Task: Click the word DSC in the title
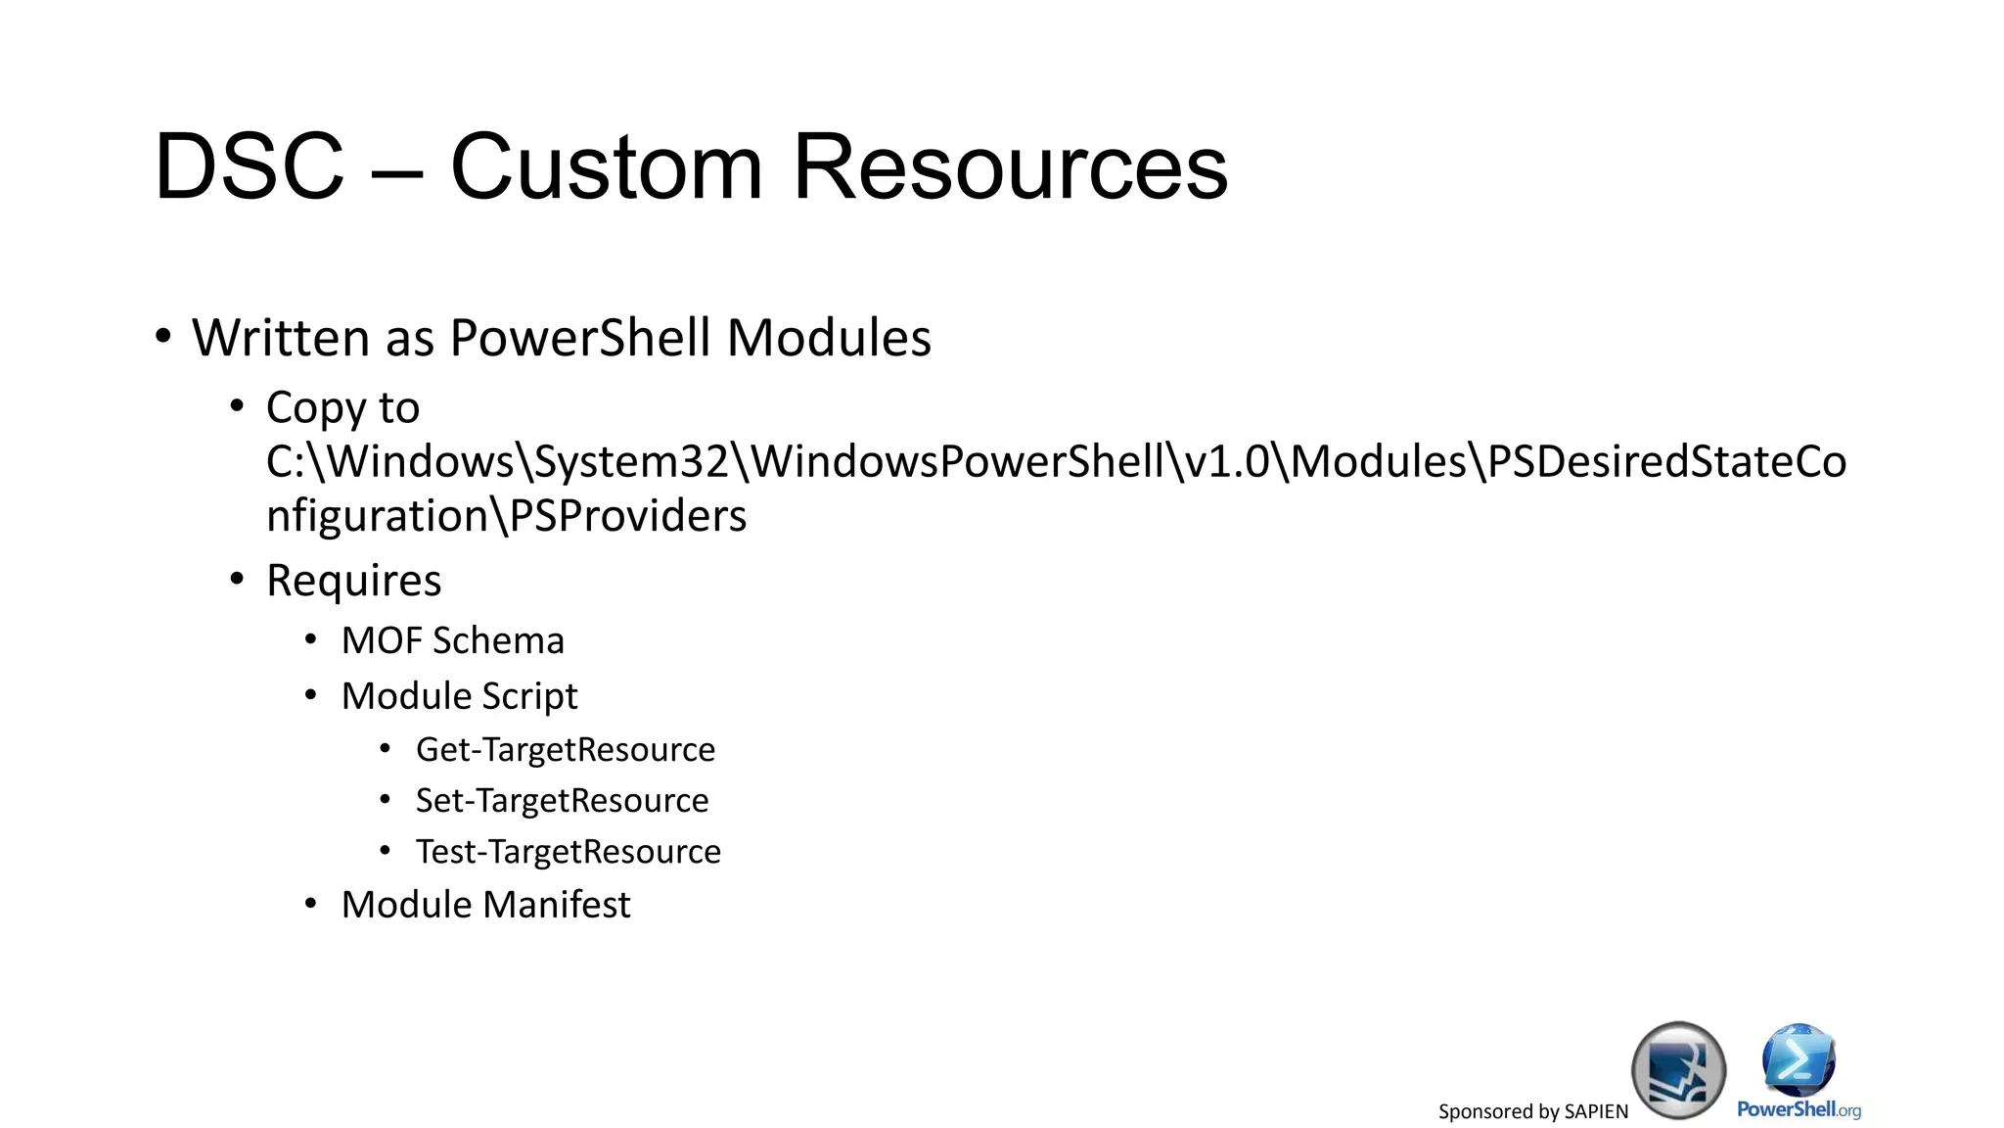pos(250,167)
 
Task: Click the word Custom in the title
pos(606,167)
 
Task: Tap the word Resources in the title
pos(1010,167)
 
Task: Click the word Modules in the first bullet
pos(829,338)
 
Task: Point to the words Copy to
pos(342,407)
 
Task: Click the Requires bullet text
pos(353,581)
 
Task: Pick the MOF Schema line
pos(452,641)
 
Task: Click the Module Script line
pos(459,696)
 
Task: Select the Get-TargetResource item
pos(565,750)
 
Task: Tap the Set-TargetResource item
pos(562,801)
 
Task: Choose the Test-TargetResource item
pos(568,852)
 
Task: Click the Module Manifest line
pos(485,905)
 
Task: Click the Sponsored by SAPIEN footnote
pos(1532,1111)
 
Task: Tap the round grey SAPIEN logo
pos(1678,1069)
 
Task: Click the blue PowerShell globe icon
pos(1799,1059)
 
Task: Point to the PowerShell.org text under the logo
pos(1799,1109)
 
